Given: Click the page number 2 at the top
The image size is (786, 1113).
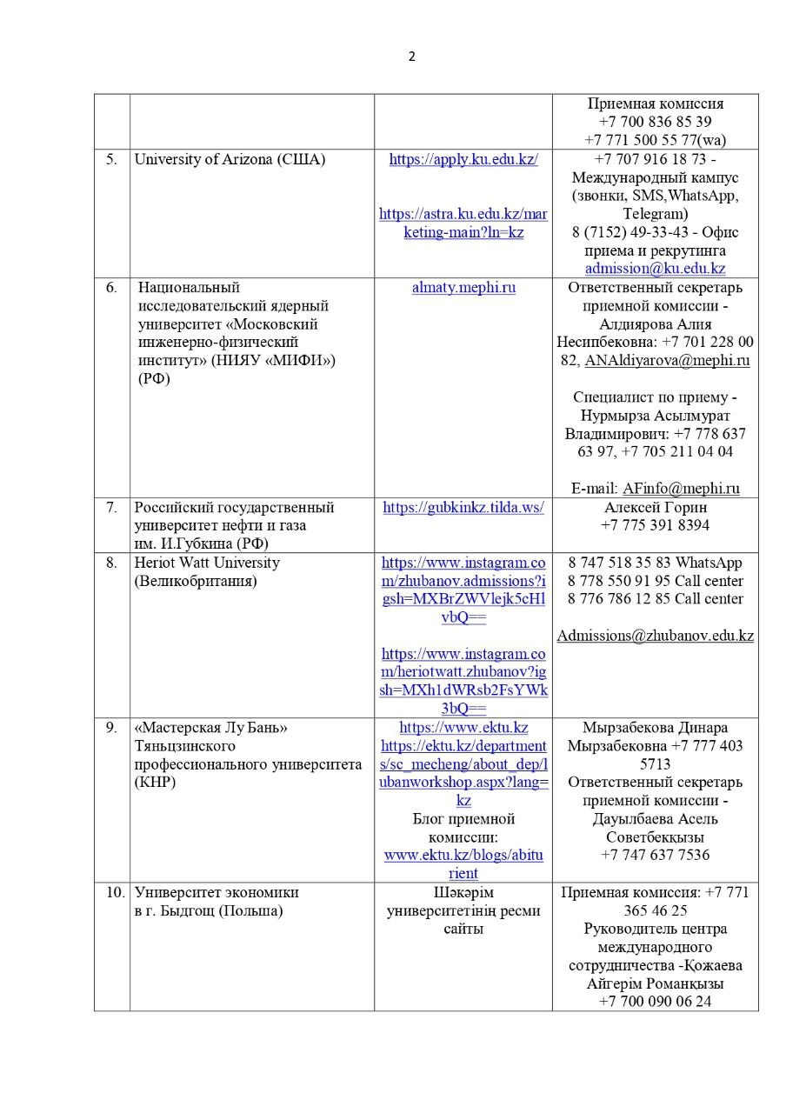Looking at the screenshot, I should coord(411,57).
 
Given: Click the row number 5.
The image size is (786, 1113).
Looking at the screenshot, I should coord(111,160).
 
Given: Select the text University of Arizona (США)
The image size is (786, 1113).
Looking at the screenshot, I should coord(230,160).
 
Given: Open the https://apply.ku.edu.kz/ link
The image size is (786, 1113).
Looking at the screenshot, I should coord(463,160).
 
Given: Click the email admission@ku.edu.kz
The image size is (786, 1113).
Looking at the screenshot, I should coord(655,269).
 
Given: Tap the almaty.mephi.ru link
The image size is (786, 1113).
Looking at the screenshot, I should coord(463,288).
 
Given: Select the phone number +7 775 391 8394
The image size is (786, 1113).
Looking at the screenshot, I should coord(655,525).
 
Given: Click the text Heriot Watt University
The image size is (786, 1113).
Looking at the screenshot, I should coord(207,563).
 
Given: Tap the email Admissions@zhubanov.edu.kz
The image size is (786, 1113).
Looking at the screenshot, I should coord(655,636).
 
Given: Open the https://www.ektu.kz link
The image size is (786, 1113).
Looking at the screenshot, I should coord(463,728).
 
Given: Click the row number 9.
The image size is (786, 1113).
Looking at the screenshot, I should coord(111,728).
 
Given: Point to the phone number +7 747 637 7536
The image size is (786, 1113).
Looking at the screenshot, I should coord(655,855).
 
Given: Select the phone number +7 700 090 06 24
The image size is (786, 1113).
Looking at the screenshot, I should coord(655,1002).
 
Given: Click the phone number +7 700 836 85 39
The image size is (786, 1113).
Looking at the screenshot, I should coord(655,122).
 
